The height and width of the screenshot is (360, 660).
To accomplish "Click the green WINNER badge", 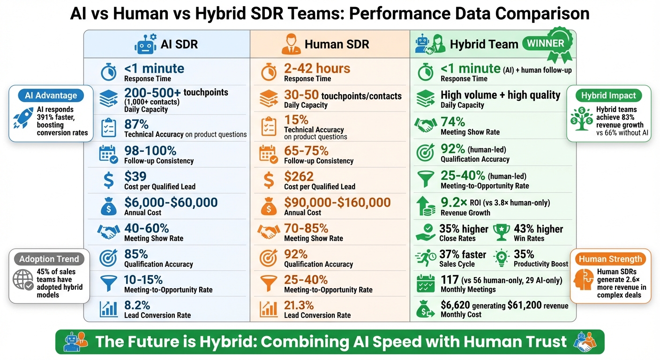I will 545,44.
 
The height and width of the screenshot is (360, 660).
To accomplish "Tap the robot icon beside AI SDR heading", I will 144,45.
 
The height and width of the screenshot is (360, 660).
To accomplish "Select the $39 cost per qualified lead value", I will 135,177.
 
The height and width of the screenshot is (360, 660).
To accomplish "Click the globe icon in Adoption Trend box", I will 23,280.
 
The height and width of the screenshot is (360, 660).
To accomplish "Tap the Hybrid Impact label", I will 608,95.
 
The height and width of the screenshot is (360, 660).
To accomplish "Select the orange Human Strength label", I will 610,259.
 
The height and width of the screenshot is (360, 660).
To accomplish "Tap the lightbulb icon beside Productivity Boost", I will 502,257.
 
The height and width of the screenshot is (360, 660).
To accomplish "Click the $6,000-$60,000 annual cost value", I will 171,202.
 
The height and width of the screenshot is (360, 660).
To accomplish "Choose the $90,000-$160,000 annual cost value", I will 337,202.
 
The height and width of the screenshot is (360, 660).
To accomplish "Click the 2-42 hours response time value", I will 317,69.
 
